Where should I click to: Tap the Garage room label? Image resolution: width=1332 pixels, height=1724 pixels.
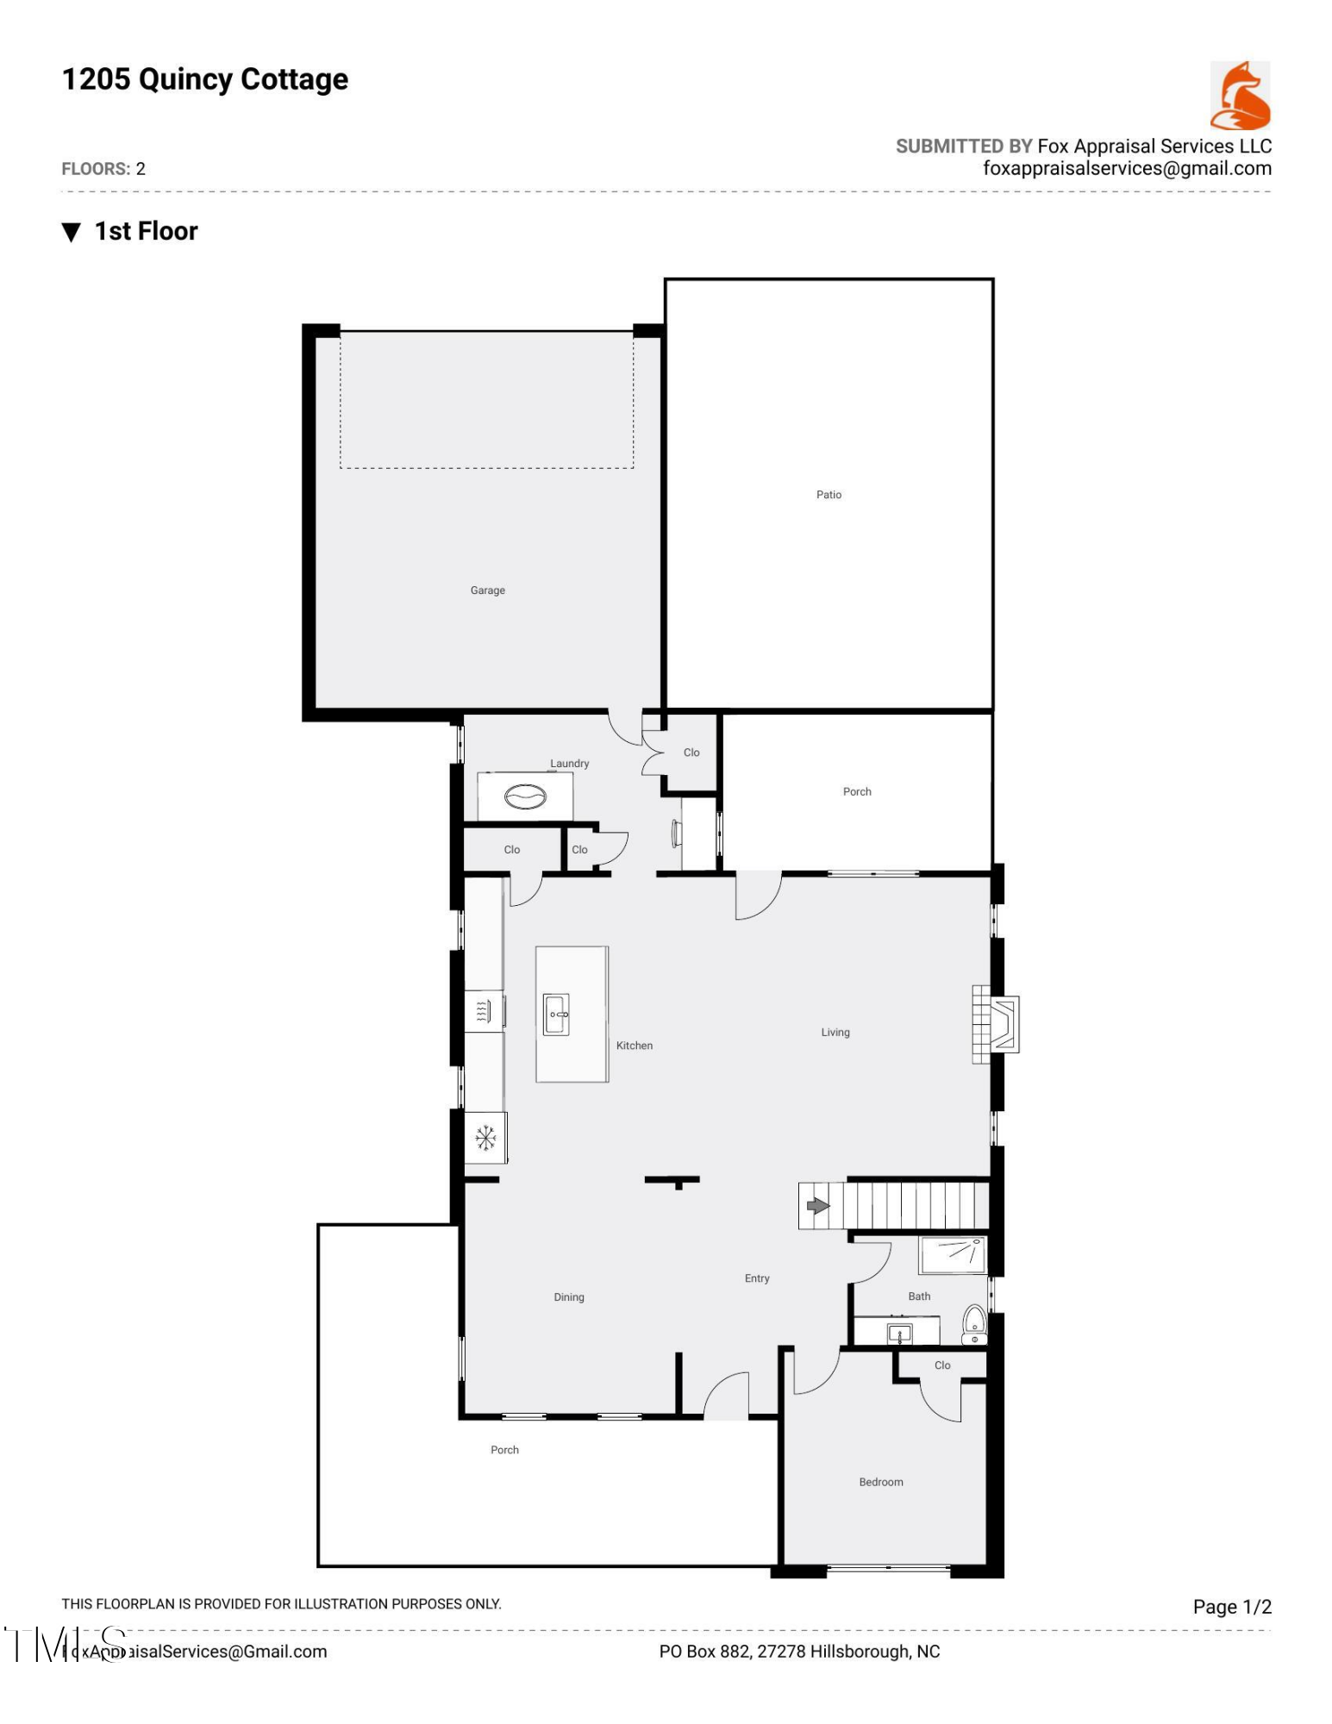(x=487, y=590)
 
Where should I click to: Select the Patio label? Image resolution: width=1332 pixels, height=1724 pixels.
(x=828, y=495)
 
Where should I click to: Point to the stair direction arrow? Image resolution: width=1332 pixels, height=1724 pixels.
(x=816, y=1206)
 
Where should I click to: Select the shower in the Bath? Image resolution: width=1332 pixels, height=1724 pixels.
(x=952, y=1255)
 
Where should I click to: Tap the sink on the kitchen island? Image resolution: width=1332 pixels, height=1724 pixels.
(x=556, y=1015)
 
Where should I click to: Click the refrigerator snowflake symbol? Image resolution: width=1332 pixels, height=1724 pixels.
(x=485, y=1138)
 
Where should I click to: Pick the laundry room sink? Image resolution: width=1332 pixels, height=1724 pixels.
(x=525, y=796)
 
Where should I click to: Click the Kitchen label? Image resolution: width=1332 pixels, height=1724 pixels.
(x=634, y=1046)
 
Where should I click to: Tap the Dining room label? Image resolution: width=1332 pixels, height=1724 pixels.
(x=568, y=1297)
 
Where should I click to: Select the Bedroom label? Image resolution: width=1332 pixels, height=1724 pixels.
(x=880, y=1483)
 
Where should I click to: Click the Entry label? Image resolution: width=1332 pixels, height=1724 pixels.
(x=756, y=1278)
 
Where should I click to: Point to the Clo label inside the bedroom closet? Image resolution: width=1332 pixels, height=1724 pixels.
(x=941, y=1365)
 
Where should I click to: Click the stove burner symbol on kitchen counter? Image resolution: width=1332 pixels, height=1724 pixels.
(x=484, y=1010)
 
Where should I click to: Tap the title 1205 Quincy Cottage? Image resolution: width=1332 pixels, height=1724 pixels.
(x=205, y=79)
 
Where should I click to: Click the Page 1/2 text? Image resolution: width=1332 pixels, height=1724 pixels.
(x=1231, y=1607)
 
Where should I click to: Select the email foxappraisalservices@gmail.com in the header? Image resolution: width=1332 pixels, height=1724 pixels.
(x=1126, y=169)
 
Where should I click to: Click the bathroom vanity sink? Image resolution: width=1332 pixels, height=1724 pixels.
(x=899, y=1334)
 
